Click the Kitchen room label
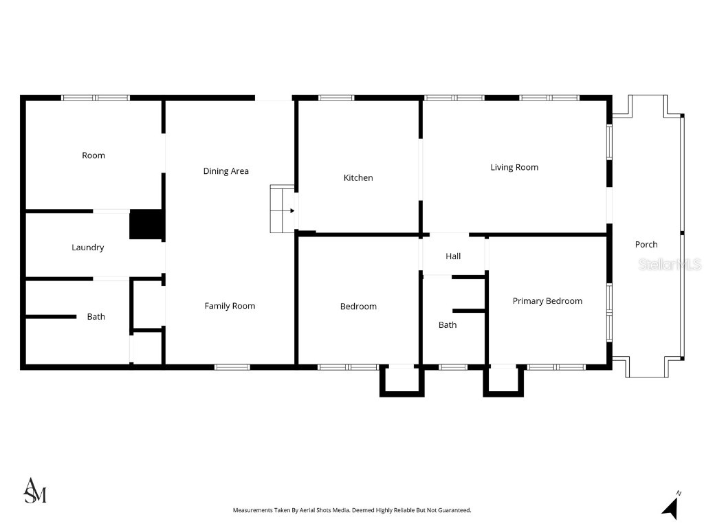pyautogui.click(x=358, y=178)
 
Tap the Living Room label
pyautogui.click(x=514, y=167)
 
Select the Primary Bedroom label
pyautogui.click(x=547, y=301)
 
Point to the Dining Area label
pyautogui.click(x=225, y=171)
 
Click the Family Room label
pyautogui.click(x=230, y=306)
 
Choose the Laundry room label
pyautogui.click(x=88, y=247)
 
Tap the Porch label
pyautogui.click(x=646, y=244)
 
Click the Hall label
pyautogui.click(x=453, y=256)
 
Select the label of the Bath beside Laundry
pyautogui.click(x=96, y=317)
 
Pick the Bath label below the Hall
pyautogui.click(x=448, y=325)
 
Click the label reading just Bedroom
pyautogui.click(x=358, y=307)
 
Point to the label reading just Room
pyautogui.click(x=93, y=155)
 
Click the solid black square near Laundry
pyautogui.click(x=146, y=225)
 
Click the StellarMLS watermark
pyautogui.click(x=669, y=265)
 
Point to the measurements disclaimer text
pyautogui.click(x=352, y=510)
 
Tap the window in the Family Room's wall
pyautogui.click(x=232, y=367)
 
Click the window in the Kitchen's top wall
pyautogui.click(x=336, y=98)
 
